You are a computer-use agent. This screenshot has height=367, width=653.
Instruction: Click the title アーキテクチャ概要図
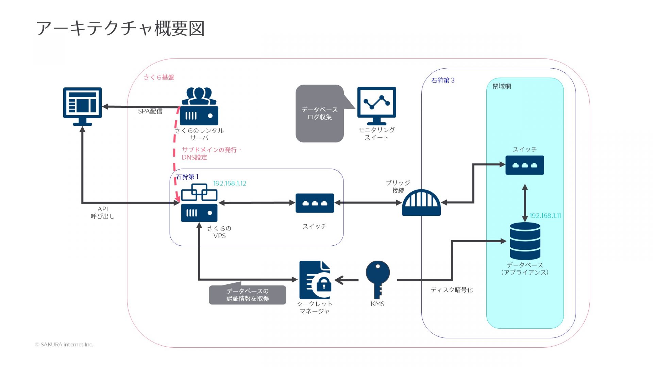pyautogui.click(x=120, y=28)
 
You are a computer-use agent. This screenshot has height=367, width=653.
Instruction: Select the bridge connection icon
pyautogui.click(x=421, y=203)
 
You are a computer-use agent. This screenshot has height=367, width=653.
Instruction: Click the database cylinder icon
pyautogui.click(x=525, y=241)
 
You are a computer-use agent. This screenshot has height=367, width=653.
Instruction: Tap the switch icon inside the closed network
pyautogui.click(x=524, y=165)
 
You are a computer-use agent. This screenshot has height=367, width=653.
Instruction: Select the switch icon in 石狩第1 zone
pyautogui.click(x=315, y=203)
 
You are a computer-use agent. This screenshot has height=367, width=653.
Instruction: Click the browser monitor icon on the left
pyautogui.click(x=82, y=106)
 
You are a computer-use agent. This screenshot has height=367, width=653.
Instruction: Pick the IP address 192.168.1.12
pyautogui.click(x=230, y=183)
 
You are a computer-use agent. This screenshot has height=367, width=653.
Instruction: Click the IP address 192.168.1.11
pyautogui.click(x=545, y=216)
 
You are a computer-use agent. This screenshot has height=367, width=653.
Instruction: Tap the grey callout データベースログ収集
pyautogui.click(x=320, y=113)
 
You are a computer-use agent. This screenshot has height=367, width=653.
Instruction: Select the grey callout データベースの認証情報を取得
pyautogui.click(x=247, y=295)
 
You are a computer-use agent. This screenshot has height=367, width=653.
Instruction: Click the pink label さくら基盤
pyautogui.click(x=159, y=77)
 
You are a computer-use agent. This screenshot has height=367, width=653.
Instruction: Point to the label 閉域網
pyautogui.click(x=502, y=86)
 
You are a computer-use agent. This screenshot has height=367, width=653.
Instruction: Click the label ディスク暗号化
pyautogui.click(x=451, y=290)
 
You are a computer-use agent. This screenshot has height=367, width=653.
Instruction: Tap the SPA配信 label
pyautogui.click(x=150, y=111)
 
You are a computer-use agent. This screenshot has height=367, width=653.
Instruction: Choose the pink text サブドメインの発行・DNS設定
pyautogui.click(x=211, y=154)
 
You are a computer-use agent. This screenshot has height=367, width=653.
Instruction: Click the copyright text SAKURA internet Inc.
pyautogui.click(x=64, y=345)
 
